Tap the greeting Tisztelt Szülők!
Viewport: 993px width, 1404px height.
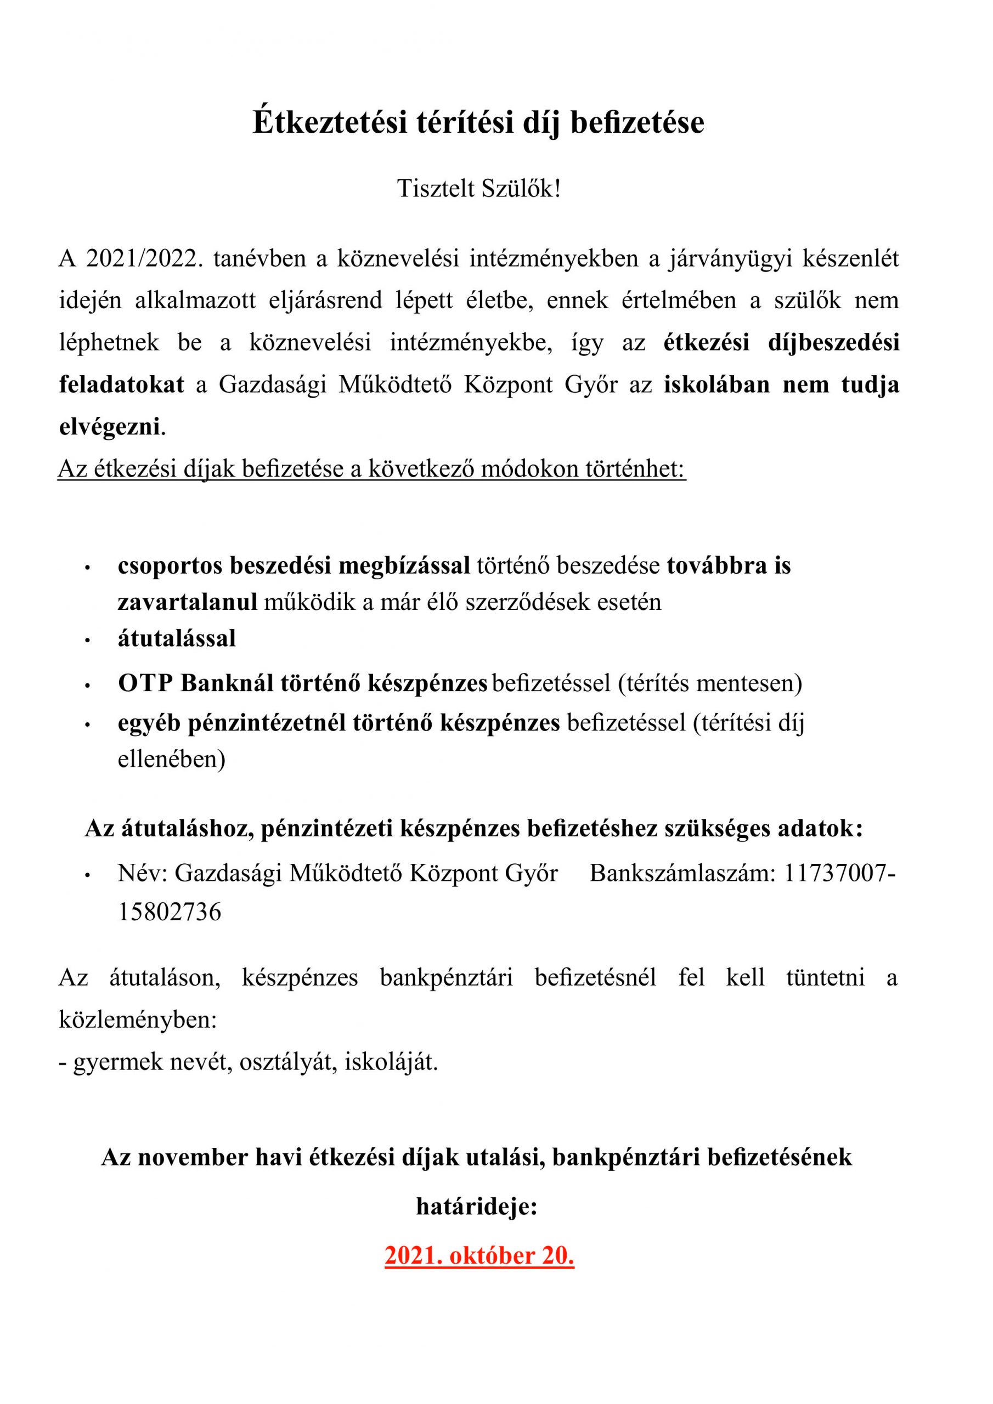click(478, 188)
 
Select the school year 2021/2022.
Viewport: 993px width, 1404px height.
click(144, 259)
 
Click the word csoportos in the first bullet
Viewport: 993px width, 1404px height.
click(170, 565)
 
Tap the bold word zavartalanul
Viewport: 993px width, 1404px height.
click(187, 602)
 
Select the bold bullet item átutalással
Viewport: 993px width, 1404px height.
click(177, 638)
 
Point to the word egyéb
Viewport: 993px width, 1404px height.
click(149, 723)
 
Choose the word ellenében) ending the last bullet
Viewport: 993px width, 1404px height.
click(171, 759)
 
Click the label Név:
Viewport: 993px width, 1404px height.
click(143, 873)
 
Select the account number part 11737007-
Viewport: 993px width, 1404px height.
click(839, 873)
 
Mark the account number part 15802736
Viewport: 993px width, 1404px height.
click(170, 911)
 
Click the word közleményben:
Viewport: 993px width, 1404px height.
click(138, 1020)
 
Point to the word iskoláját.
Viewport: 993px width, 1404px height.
click(392, 1062)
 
